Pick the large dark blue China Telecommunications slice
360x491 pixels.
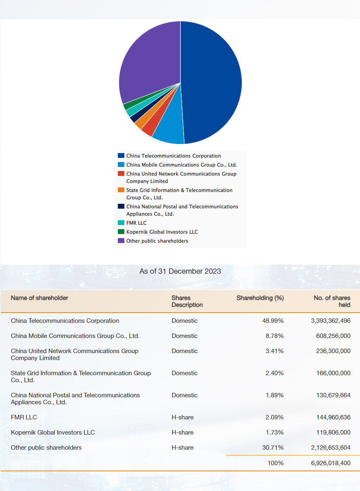210,82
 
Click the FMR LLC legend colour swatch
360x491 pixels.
121,223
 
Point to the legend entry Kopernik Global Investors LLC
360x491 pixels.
162,232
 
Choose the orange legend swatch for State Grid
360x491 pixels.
121,190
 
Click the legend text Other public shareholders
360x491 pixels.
157,241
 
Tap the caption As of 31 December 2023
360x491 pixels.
180,271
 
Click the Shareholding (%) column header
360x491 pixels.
260,298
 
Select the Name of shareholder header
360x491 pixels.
39,298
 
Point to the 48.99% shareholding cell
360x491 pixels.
273,321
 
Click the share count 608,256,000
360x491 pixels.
333,336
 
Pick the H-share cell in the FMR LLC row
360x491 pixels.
182,417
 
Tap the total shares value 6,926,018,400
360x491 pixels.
331,463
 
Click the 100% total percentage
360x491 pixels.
275,463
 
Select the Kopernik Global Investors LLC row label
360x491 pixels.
53,432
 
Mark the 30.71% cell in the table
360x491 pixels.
273,447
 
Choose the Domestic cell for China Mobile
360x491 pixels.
184,336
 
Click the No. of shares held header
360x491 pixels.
332,301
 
